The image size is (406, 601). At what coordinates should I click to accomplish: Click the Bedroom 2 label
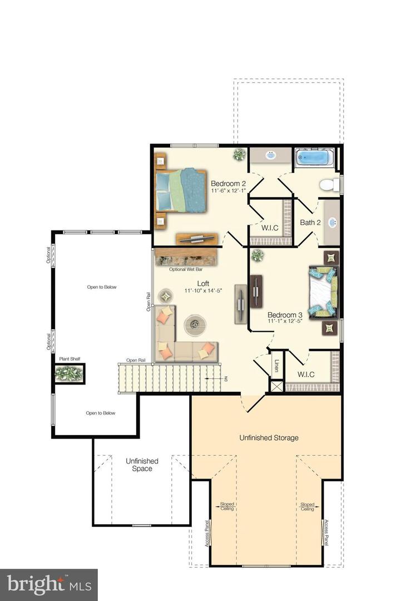(x=228, y=184)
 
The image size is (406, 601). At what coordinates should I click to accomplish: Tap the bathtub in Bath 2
(x=314, y=158)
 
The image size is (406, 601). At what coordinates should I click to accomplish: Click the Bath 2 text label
(x=310, y=223)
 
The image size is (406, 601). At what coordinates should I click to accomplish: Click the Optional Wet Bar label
(x=186, y=269)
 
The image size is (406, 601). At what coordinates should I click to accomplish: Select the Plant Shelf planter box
(x=69, y=373)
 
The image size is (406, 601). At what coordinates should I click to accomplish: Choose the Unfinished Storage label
(x=269, y=437)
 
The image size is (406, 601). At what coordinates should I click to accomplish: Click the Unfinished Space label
(x=142, y=465)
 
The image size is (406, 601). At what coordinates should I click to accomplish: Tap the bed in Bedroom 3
(x=323, y=292)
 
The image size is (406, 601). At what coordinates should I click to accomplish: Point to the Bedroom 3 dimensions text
(x=284, y=321)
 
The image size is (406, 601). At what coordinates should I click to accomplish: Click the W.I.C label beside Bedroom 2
(x=271, y=228)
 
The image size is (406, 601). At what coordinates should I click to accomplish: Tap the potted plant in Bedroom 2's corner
(x=239, y=154)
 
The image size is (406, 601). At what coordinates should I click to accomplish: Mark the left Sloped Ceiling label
(x=227, y=506)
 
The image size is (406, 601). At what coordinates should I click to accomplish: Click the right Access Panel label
(x=326, y=533)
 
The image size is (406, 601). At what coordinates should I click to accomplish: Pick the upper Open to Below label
(x=101, y=287)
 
